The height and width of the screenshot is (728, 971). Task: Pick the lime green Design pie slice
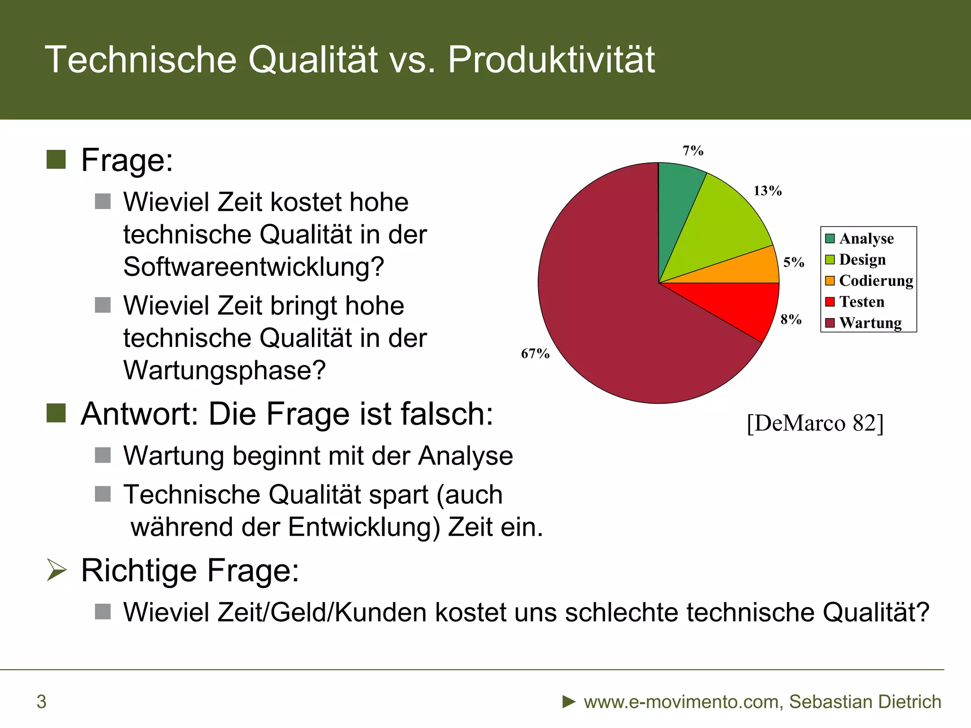coord(721,227)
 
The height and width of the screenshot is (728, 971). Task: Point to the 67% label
coord(535,354)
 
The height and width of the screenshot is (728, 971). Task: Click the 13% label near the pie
coord(768,191)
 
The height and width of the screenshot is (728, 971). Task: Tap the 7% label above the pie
coord(693,151)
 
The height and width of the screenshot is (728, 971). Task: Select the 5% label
coord(793,262)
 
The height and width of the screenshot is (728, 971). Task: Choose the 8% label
coord(791,319)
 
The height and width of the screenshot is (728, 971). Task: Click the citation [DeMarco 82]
coord(815,423)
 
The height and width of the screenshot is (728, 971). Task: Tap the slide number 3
coord(42,701)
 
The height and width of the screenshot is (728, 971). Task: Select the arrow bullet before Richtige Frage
coord(57,570)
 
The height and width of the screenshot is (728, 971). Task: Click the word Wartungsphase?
coord(225,370)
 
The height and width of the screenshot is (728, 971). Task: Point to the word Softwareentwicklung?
coord(254,267)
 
